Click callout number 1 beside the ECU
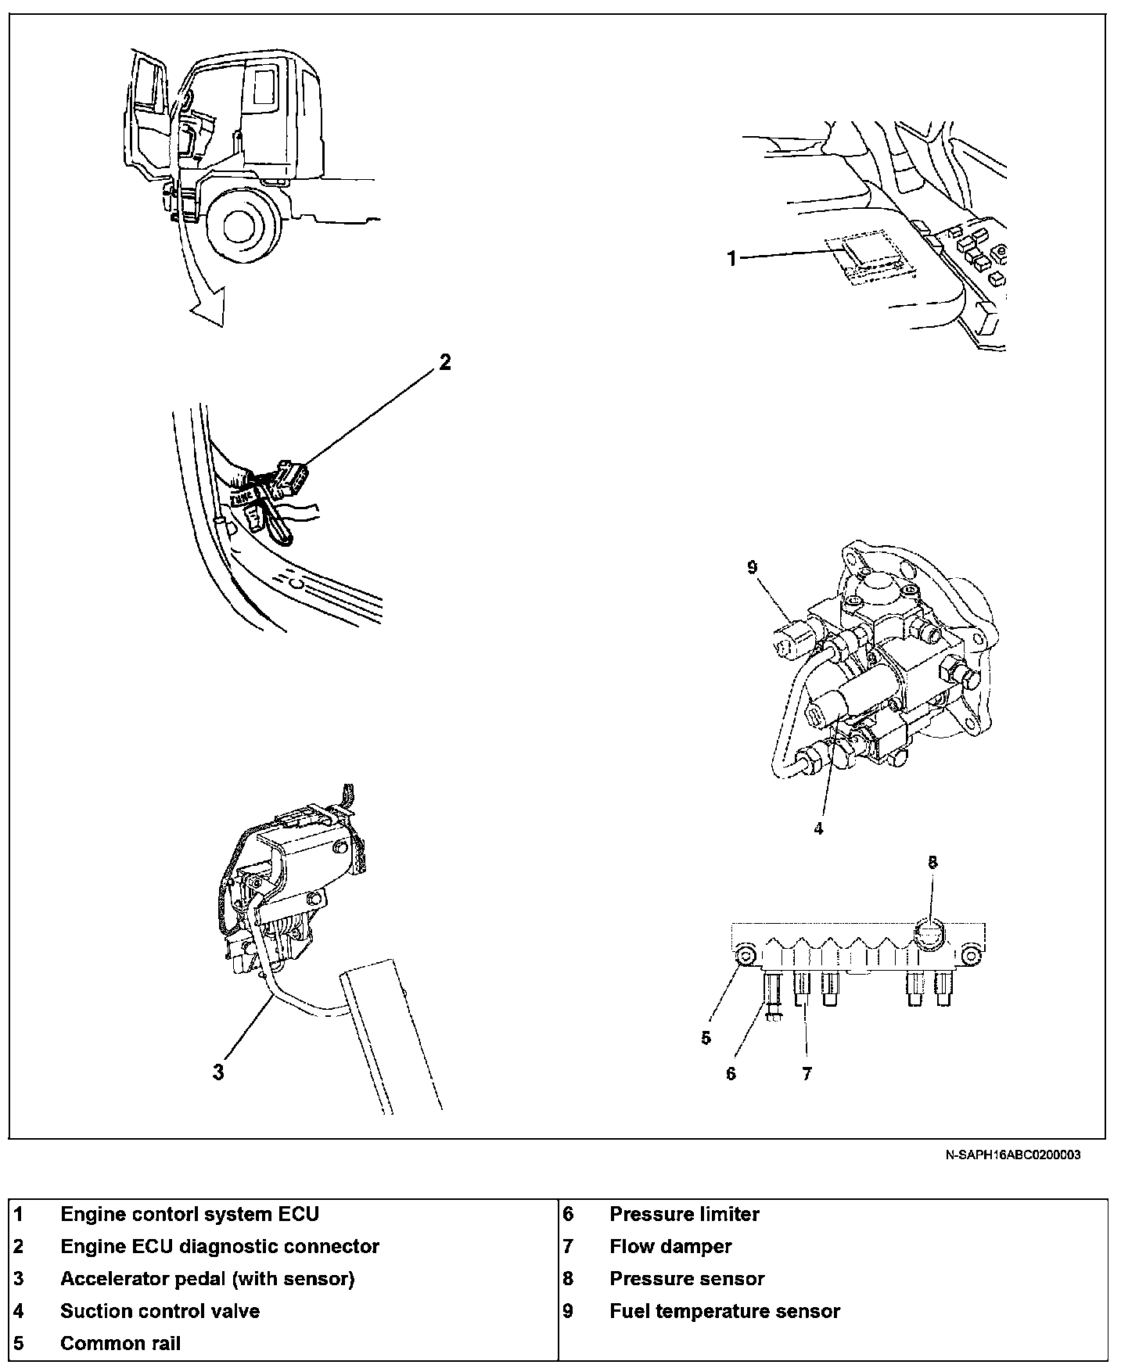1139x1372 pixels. pyautogui.click(x=732, y=258)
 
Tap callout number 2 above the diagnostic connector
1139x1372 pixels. pyautogui.click(x=444, y=362)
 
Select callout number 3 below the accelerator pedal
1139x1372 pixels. pyautogui.click(x=218, y=1072)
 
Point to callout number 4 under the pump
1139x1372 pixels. pyautogui.click(x=818, y=829)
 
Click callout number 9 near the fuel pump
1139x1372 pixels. pyautogui.click(x=753, y=567)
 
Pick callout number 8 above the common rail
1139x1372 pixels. pyautogui.click(x=932, y=863)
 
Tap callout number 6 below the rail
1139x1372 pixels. pyautogui.click(x=731, y=1074)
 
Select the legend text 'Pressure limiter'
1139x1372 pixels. pyautogui.click(x=684, y=1214)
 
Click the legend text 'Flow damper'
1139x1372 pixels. pyautogui.click(x=670, y=1246)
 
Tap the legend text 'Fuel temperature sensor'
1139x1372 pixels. pyautogui.click(x=724, y=1311)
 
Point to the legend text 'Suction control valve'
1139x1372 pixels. pyautogui.click(x=160, y=1311)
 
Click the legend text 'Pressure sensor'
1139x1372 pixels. pyautogui.click(x=687, y=1279)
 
